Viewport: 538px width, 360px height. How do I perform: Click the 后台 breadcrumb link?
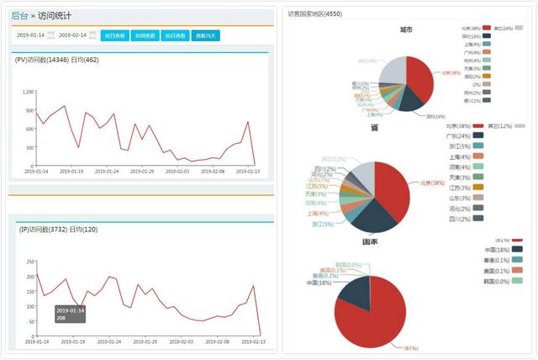(19, 15)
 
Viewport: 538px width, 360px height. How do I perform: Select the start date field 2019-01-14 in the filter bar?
(29, 35)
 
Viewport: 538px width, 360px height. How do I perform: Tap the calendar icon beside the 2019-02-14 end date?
(93, 35)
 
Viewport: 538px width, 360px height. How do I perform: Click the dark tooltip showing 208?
(70, 315)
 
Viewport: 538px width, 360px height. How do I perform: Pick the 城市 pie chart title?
(406, 29)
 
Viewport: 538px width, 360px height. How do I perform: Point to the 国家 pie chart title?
(369, 241)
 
